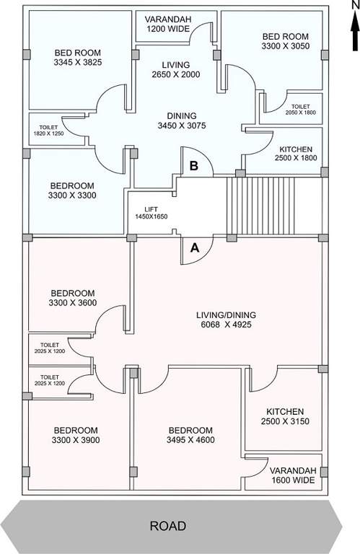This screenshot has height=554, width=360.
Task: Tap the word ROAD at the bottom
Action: click(167, 526)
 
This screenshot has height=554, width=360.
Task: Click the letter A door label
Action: click(193, 247)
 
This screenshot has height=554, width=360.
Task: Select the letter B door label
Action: click(193, 165)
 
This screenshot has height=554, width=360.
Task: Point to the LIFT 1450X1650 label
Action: click(151, 212)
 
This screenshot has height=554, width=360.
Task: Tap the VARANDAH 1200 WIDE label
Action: click(167, 24)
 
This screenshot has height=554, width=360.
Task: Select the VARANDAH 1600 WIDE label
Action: click(292, 474)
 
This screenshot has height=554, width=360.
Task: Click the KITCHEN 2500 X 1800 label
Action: click(296, 154)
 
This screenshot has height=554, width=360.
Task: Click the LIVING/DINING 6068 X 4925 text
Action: click(226, 320)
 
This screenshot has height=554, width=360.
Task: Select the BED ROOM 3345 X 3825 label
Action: click(78, 58)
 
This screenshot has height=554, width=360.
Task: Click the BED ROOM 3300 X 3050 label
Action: click(285, 41)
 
